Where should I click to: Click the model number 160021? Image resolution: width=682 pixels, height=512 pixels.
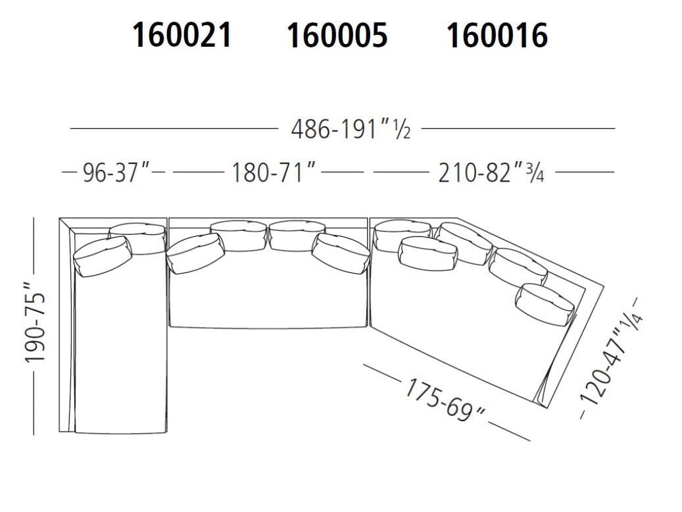tap(182, 35)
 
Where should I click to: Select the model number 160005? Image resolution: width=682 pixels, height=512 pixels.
tap(337, 35)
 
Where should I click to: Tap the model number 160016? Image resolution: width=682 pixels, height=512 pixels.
tap(497, 35)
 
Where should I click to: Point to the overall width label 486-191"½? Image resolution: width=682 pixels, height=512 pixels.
tap(351, 129)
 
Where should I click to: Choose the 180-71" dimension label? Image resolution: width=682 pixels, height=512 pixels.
tap(274, 173)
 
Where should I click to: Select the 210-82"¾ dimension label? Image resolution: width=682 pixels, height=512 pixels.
tap(491, 173)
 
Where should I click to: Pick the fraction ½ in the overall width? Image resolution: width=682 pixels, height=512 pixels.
tap(402, 130)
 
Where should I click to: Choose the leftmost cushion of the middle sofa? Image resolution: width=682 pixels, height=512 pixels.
tap(195, 252)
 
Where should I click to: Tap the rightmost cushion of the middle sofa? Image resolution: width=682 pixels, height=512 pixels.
tap(340, 253)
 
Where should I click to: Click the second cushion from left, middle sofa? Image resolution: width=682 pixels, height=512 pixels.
tap(238, 236)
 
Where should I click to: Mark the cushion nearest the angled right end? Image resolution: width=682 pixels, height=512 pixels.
tap(545, 303)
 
